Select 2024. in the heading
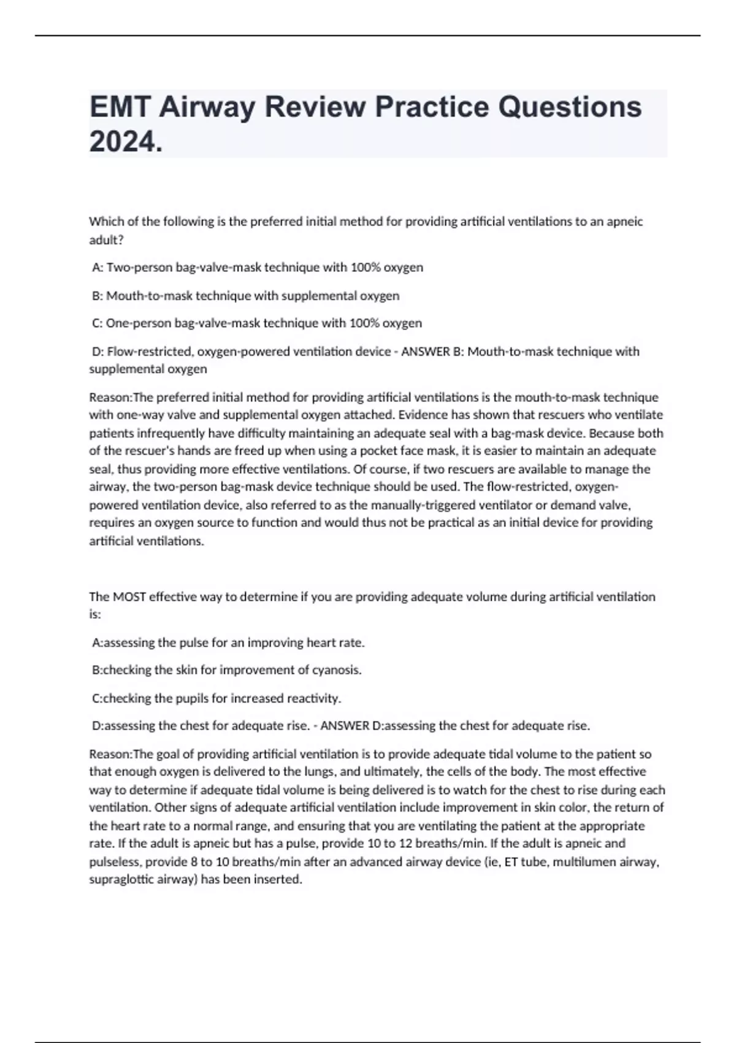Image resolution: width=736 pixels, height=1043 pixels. click(x=126, y=142)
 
